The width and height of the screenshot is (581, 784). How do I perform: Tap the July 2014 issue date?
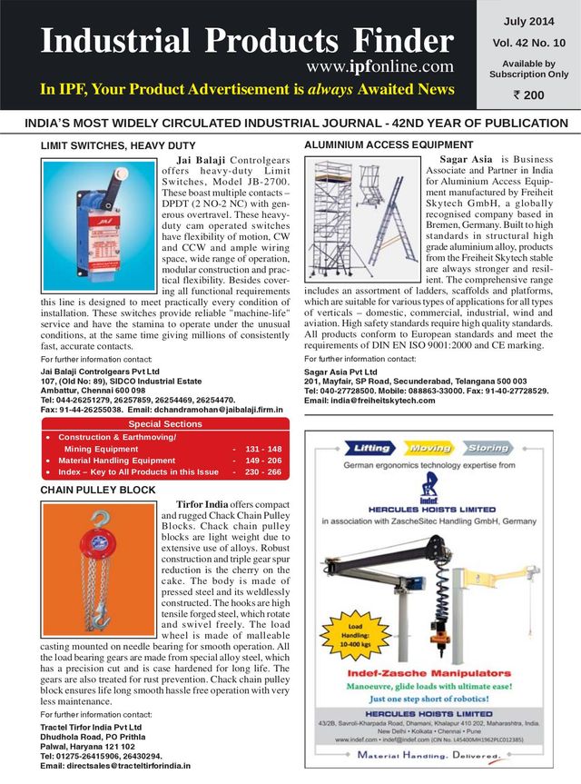(x=529, y=20)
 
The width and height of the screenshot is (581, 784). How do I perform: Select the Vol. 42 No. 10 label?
(x=529, y=42)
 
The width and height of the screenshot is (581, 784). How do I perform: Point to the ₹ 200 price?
(x=529, y=94)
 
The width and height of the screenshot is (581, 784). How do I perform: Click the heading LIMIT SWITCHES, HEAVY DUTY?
(x=118, y=145)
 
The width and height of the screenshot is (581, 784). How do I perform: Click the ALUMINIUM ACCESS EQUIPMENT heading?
(x=388, y=144)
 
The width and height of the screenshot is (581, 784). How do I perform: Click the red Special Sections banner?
(x=164, y=423)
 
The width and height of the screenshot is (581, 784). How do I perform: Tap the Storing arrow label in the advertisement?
(x=487, y=448)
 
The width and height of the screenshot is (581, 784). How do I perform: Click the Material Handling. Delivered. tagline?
(x=431, y=755)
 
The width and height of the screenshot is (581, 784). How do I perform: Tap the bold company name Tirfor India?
(x=202, y=504)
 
